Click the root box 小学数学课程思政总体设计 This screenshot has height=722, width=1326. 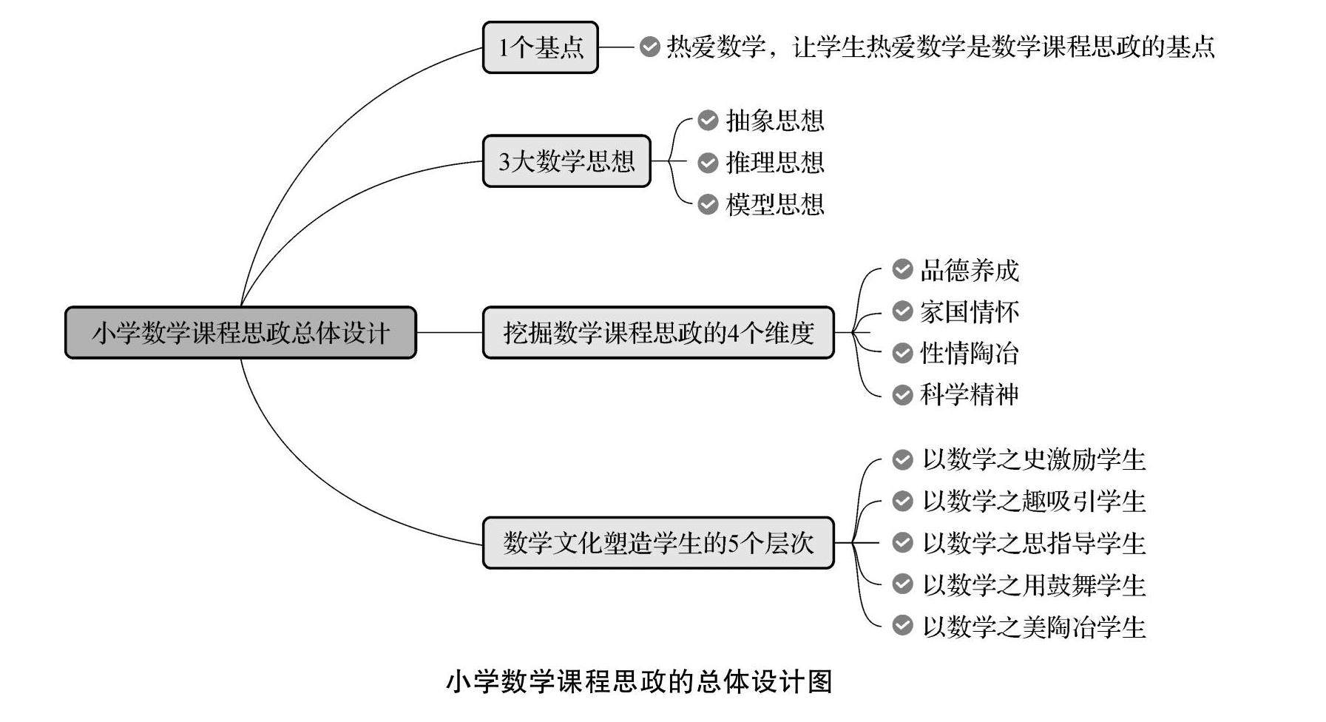(240, 333)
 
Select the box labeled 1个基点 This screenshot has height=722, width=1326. (540, 47)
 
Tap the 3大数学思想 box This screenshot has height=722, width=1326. (566, 161)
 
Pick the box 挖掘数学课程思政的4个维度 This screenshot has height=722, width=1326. (658, 333)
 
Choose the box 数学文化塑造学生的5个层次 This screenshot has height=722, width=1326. (658, 543)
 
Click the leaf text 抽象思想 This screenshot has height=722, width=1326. (774, 121)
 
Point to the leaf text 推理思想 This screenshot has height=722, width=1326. (774, 163)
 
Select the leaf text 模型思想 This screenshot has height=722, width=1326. (774, 204)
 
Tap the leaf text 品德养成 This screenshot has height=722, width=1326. (969, 270)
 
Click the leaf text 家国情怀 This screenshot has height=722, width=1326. (969, 311)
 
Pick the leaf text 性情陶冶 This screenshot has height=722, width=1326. (969, 353)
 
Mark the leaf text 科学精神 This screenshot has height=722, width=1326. (969, 394)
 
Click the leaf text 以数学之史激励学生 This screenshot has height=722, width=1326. (1033, 460)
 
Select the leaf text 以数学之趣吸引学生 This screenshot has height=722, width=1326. (1033, 502)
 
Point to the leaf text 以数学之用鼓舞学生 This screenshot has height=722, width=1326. (1033, 585)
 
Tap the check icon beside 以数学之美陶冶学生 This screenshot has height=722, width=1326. (902, 626)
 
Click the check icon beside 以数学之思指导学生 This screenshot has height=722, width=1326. (902, 543)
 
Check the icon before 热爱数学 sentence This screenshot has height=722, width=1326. (649, 47)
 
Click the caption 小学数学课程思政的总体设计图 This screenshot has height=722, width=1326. (639, 681)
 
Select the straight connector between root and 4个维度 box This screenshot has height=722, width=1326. (449, 333)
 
